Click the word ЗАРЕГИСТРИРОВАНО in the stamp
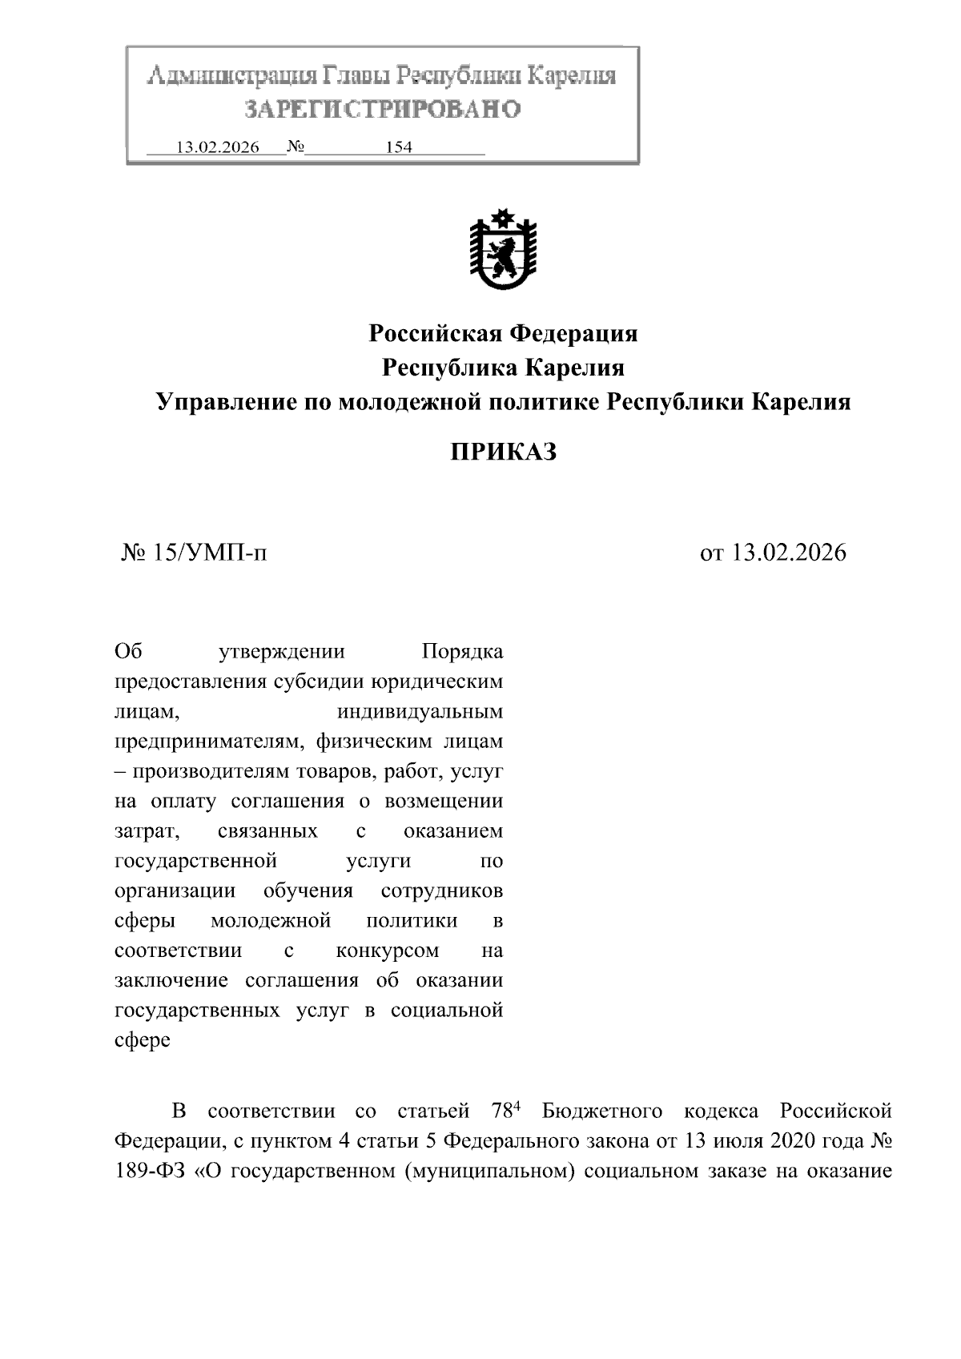pyautogui.click(x=382, y=109)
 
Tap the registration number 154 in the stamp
pyautogui.click(x=398, y=147)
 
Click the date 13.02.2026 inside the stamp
pyautogui.click(x=217, y=147)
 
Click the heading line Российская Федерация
pyautogui.click(x=503, y=332)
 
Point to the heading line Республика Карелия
pyautogui.click(x=503, y=368)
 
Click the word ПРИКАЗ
pyautogui.click(x=503, y=452)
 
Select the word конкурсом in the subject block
pyautogui.click(x=388, y=951)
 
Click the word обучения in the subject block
pyautogui.click(x=308, y=891)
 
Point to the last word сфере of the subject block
pyautogui.click(x=143, y=1040)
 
